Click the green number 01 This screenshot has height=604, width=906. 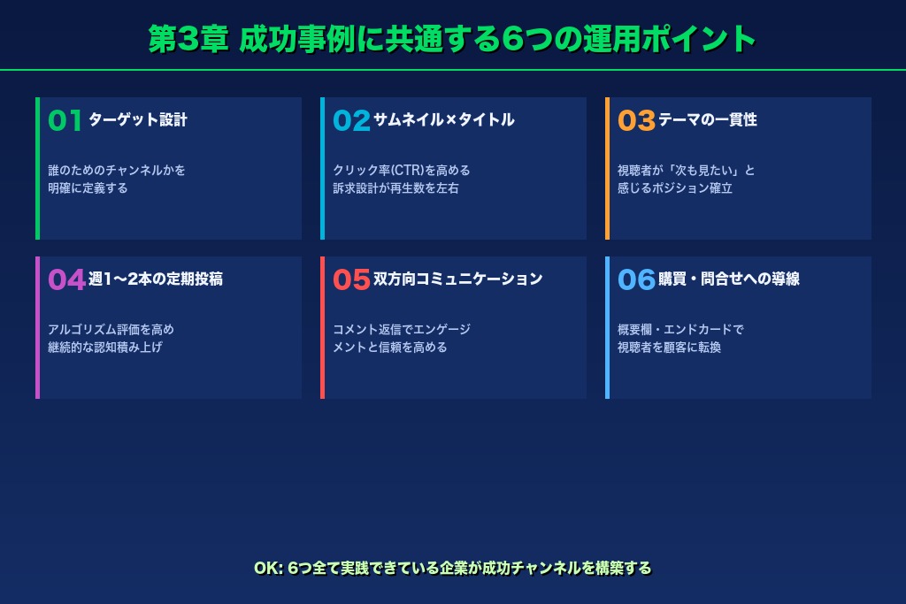(65, 120)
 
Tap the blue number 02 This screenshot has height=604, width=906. (351, 120)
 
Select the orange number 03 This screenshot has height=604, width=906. (636, 120)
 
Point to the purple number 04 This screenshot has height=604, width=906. (66, 279)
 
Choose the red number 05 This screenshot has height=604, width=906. (351, 279)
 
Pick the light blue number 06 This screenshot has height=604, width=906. (636, 279)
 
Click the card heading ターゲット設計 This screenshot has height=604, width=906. (138, 120)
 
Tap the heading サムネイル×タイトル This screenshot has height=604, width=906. (443, 120)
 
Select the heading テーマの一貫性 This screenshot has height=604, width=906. (708, 120)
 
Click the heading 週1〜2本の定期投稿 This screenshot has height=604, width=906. (156, 279)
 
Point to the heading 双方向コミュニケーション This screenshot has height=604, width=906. (457, 279)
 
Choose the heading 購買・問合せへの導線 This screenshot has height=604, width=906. (729, 279)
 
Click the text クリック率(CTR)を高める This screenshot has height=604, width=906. (402, 171)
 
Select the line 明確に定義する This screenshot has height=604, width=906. (88, 188)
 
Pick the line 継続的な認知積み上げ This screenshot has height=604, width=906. (105, 348)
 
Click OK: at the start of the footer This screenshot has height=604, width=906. (267, 568)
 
